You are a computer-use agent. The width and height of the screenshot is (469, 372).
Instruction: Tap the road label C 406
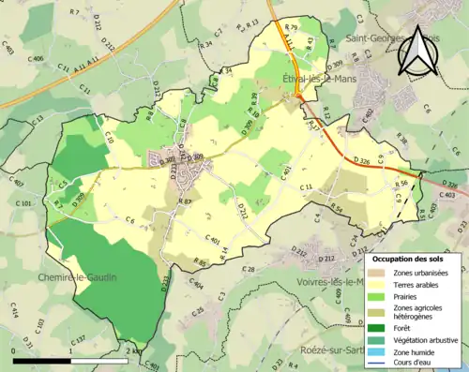37,59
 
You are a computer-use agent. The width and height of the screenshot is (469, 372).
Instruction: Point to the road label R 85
199,261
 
